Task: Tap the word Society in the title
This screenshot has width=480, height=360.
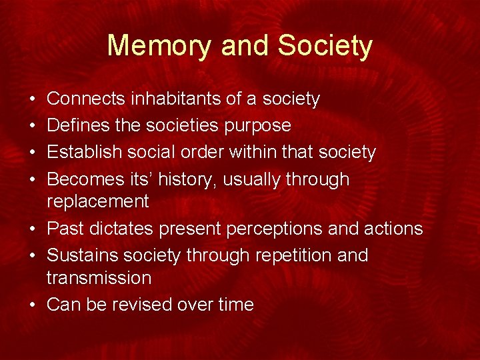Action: point(325,45)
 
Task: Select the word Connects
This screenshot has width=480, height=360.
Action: point(87,99)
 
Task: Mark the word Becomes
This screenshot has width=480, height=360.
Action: point(85,179)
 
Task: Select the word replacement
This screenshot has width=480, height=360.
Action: point(97,201)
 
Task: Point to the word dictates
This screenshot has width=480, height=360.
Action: point(123,229)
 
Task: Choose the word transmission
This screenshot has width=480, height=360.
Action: point(99,277)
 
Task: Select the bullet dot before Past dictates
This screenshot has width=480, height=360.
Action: point(33,229)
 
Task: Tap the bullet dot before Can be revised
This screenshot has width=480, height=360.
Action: point(33,305)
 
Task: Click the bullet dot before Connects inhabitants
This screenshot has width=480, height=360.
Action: point(33,99)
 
